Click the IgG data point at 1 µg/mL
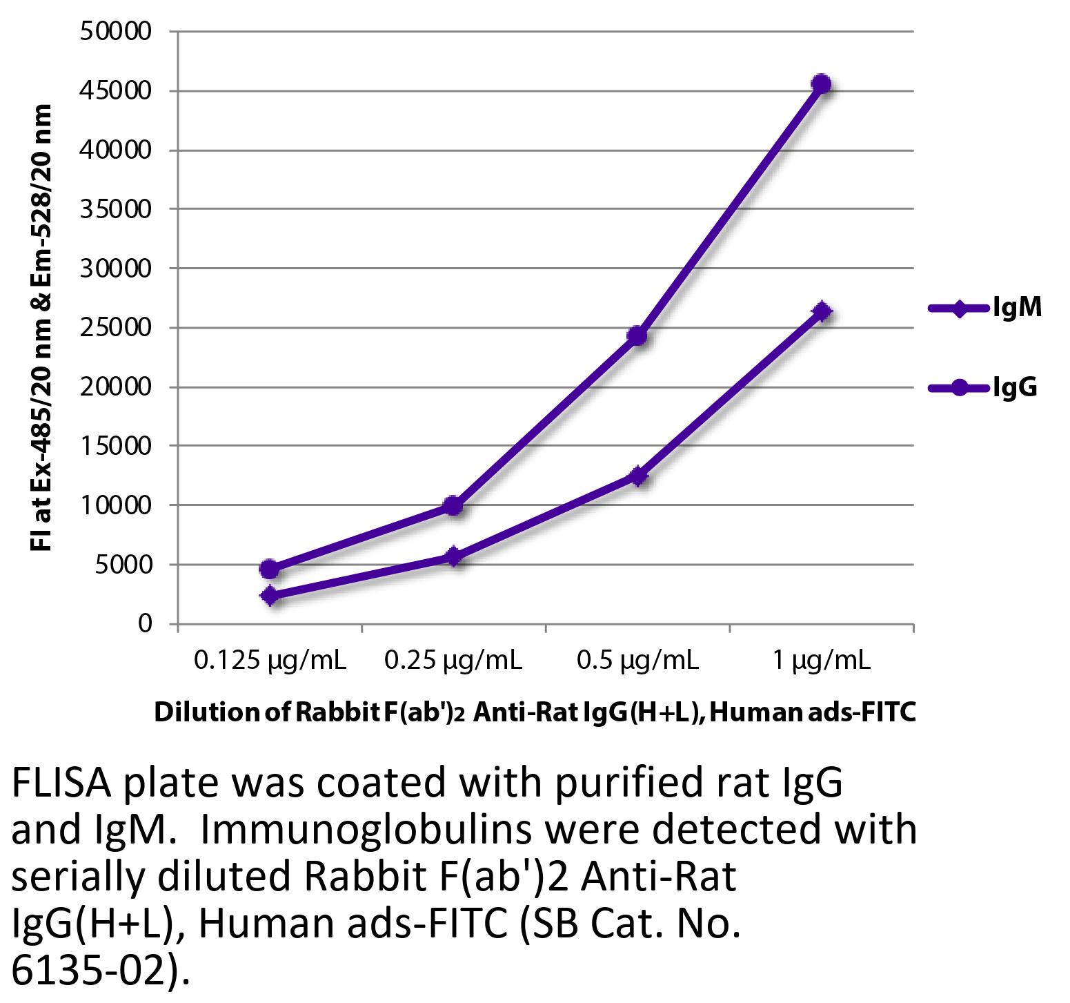pos(821,84)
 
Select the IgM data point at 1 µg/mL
pos(821,311)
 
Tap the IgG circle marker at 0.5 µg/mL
pos(637,336)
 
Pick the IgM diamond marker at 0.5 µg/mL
pos(637,476)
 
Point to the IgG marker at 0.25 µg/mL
pos(453,506)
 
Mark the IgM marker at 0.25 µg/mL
pos(453,556)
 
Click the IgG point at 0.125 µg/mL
pos(270,569)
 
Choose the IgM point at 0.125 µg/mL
pos(270,596)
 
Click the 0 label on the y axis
pos(144,624)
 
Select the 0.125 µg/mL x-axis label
pos(270,661)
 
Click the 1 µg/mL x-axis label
pos(821,661)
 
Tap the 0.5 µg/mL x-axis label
pos(637,661)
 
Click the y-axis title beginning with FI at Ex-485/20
pos(42,328)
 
